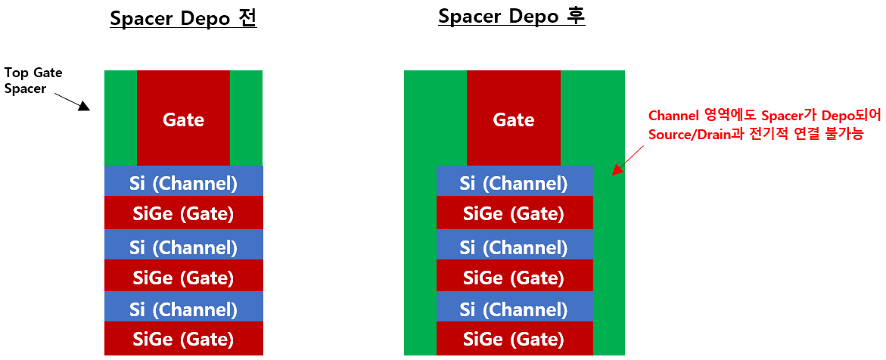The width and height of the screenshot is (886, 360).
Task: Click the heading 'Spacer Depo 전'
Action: pos(183,19)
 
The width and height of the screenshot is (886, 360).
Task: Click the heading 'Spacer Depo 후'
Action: pos(511,17)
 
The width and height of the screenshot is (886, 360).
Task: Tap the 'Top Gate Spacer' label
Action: pos(33,80)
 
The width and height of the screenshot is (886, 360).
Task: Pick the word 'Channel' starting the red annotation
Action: pos(673,116)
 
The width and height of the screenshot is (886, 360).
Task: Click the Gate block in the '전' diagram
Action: pos(183,119)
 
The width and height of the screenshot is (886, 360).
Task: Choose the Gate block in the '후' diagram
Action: pos(514,119)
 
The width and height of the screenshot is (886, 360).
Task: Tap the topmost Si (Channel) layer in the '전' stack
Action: pos(183,182)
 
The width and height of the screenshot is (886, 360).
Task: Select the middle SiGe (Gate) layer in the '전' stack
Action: pos(183,278)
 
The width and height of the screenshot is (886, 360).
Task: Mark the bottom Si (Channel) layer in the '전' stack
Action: pos(183,309)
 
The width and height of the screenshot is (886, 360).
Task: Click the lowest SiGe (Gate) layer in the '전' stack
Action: pos(183,339)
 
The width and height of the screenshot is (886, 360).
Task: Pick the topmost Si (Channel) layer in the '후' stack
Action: pos(514,182)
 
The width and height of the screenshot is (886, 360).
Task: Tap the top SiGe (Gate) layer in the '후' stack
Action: pos(514,214)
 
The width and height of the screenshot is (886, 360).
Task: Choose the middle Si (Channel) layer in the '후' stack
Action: pos(514,247)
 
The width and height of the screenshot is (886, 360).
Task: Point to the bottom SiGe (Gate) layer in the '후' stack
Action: pos(514,339)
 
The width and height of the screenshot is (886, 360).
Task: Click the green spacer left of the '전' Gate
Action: pos(120,119)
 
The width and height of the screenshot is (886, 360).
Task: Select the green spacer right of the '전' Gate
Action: pos(246,119)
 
